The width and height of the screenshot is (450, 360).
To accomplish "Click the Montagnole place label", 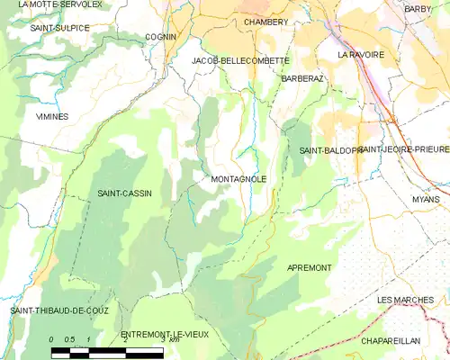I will click(x=238, y=179).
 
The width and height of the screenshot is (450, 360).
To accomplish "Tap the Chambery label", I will click(x=265, y=22).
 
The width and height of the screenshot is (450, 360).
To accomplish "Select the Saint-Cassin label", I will click(x=124, y=193).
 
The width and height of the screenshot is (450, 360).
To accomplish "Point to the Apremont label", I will click(x=309, y=268).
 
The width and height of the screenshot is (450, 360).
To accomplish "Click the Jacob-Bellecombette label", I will click(x=240, y=60).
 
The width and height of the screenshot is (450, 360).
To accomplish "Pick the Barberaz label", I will click(x=301, y=79).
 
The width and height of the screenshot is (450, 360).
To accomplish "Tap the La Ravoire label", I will click(x=360, y=54).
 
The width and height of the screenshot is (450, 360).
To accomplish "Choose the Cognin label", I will click(x=160, y=37).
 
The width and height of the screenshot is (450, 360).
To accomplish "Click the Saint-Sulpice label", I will click(x=59, y=28).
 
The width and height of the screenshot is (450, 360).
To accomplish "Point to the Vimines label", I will click(x=51, y=117).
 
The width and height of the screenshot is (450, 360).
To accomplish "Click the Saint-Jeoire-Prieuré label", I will click(x=403, y=149).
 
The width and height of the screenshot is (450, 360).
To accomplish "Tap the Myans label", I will click(x=426, y=199).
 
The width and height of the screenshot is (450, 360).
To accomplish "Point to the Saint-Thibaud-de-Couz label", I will click(x=55, y=310).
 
